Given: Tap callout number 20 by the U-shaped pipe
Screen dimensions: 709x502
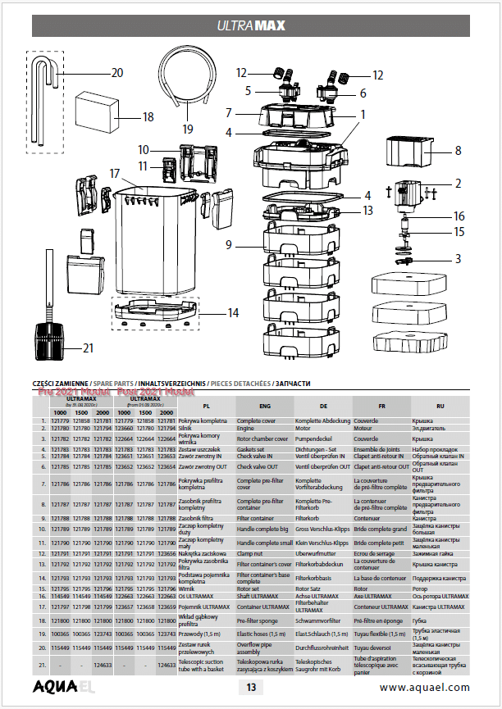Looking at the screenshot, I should coord(116,73).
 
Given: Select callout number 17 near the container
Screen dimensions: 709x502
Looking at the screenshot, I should coord(115,174).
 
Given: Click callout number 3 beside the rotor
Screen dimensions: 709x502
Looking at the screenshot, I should coord(458,259).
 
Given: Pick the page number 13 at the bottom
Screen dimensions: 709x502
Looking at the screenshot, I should coord(252,688).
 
